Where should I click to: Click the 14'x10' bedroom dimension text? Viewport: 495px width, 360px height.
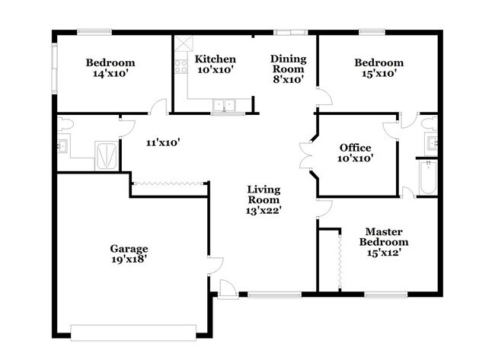110,75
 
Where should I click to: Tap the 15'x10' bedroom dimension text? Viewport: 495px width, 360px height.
378,75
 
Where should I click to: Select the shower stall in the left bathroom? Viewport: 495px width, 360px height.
106,155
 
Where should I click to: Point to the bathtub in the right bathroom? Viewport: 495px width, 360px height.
426,177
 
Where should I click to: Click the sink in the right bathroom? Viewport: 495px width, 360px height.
433,142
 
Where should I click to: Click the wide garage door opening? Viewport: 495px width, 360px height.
133,331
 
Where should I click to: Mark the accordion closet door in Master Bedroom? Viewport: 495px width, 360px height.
337,260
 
